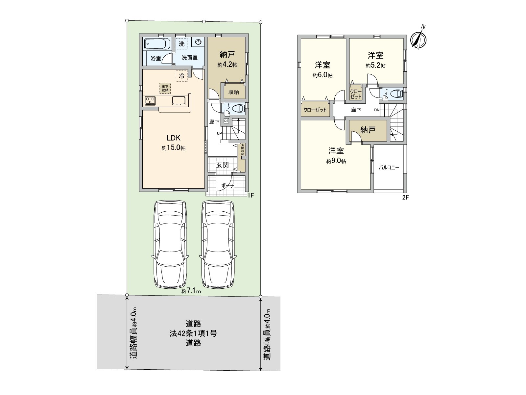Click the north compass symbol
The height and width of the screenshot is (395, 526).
[418, 40]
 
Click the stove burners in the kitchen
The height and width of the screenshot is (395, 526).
[150, 100]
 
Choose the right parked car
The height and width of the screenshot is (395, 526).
[218, 244]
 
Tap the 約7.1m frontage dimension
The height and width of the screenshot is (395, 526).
[191, 291]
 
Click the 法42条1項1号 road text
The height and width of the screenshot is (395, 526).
[193, 333]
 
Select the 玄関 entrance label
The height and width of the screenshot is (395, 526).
[222, 165]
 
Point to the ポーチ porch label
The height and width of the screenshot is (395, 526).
[227, 186]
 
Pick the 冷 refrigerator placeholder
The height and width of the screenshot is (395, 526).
[181, 76]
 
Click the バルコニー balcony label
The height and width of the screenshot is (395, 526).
[389, 167]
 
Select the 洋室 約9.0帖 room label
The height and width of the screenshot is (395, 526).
[336, 155]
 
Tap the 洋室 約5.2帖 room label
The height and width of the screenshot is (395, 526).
[375, 60]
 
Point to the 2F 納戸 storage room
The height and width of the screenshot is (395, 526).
[368, 130]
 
